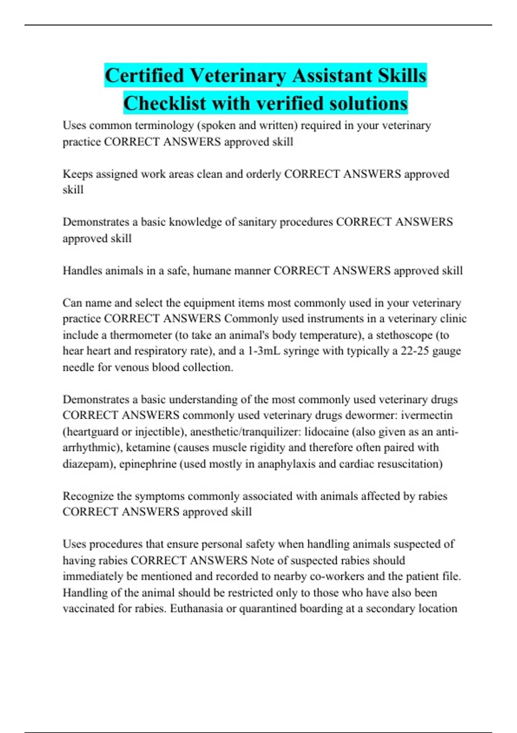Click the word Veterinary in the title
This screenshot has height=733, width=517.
(x=238, y=76)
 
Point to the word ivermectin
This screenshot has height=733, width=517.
(x=427, y=415)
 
